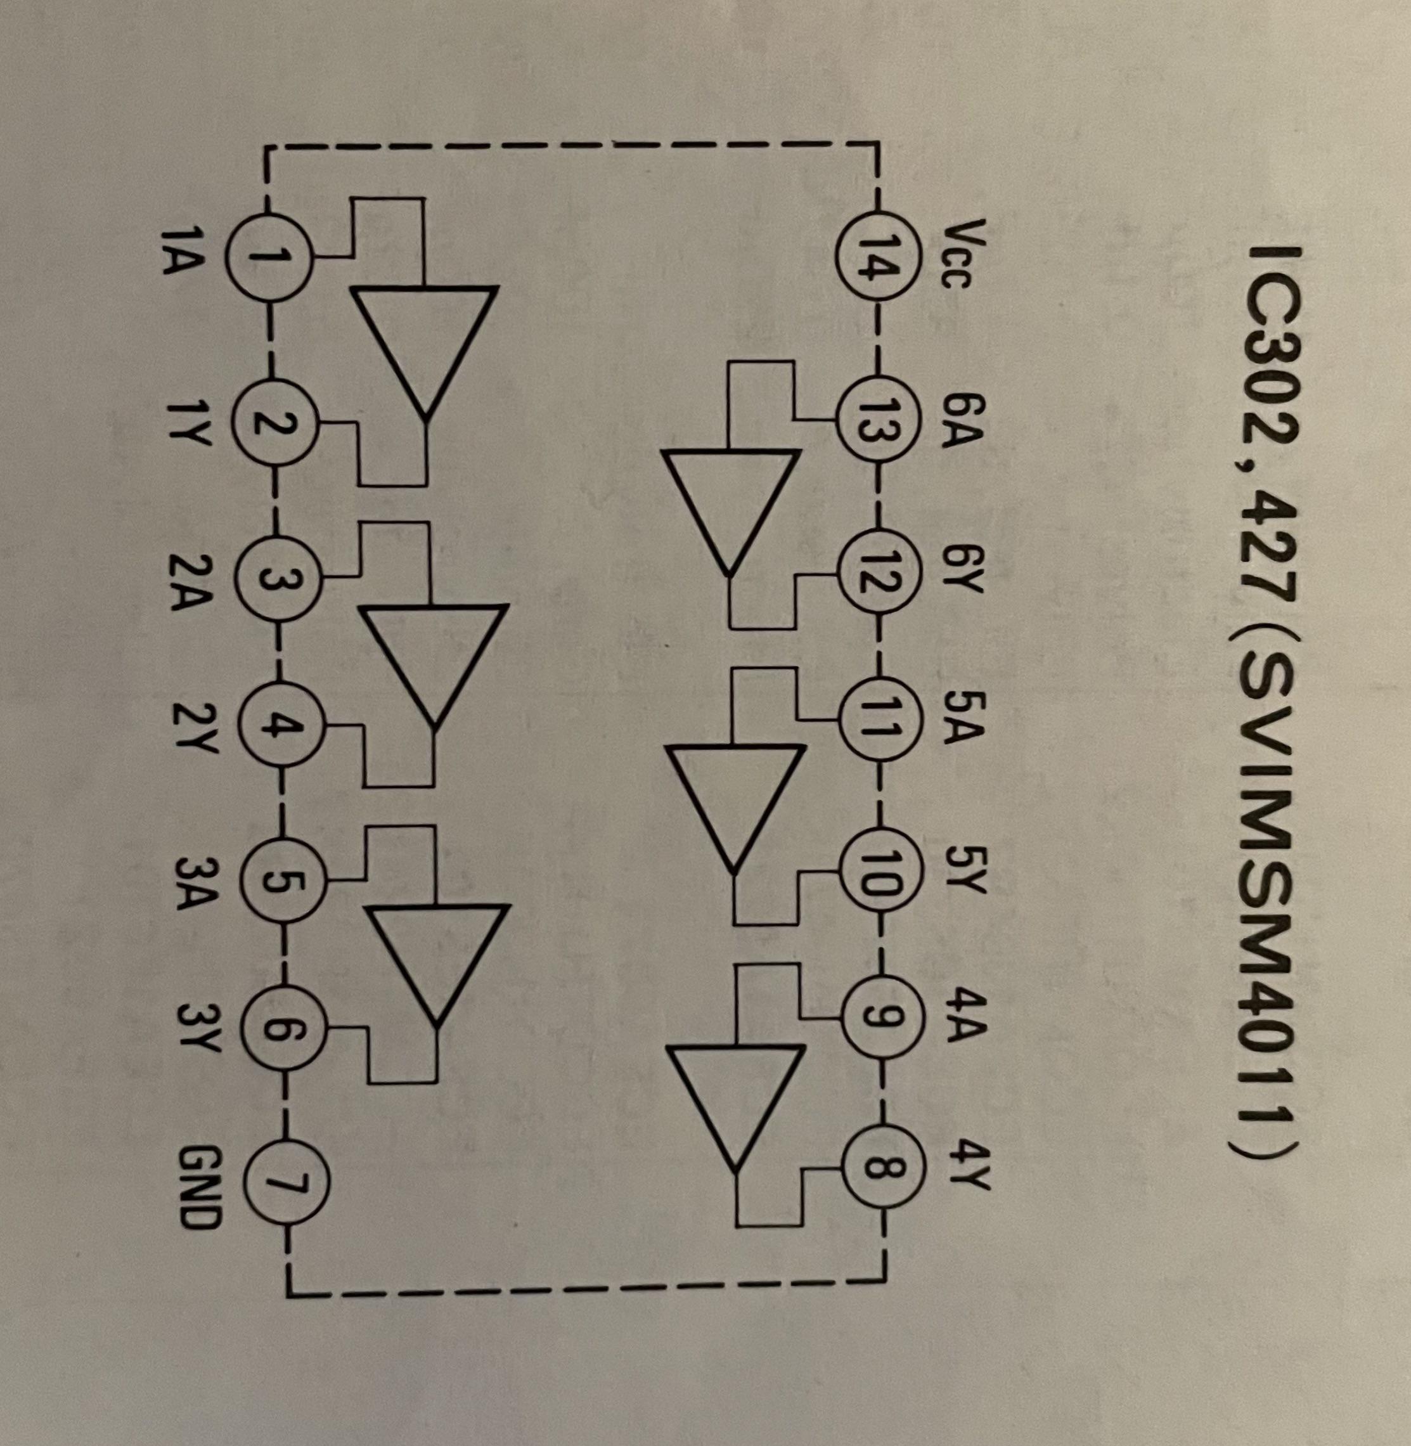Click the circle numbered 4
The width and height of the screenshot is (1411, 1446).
point(280,731)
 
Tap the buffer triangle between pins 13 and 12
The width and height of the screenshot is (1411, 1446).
point(731,508)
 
